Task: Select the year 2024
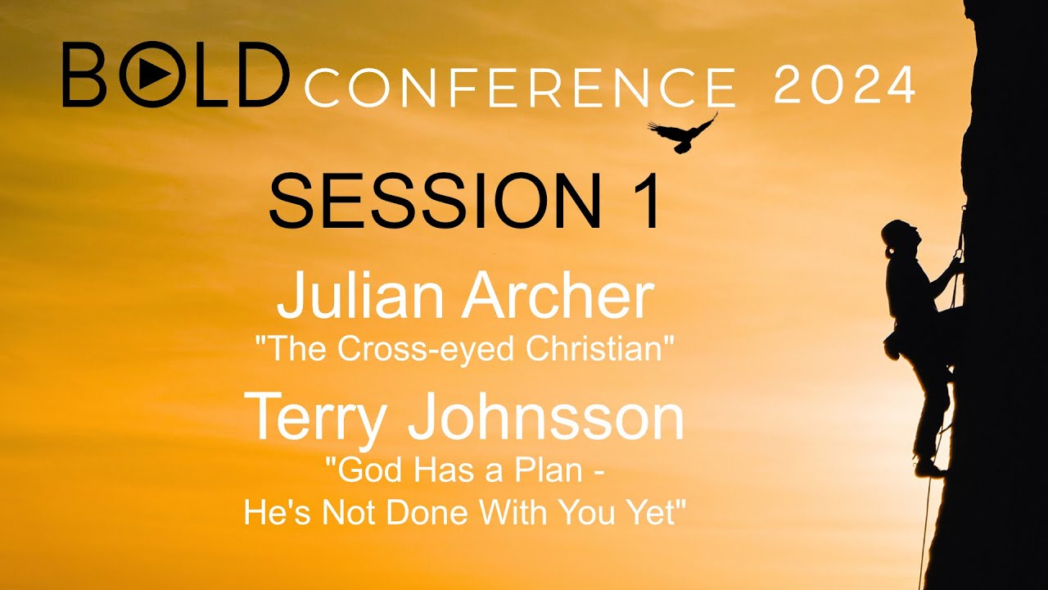843,84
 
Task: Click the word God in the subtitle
357,473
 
